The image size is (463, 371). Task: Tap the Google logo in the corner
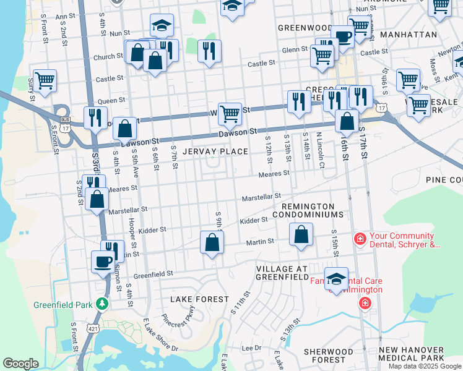pos(20,364)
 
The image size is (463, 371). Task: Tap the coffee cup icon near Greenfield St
pos(103,261)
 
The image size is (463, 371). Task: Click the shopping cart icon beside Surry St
pos(45,80)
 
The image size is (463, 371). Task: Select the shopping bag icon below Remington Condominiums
pos(301,234)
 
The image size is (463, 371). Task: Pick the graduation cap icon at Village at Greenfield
pos(336,278)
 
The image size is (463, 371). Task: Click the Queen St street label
pos(111,100)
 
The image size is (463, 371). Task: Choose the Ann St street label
pos(65,17)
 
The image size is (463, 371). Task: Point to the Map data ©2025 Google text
pos(424,366)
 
